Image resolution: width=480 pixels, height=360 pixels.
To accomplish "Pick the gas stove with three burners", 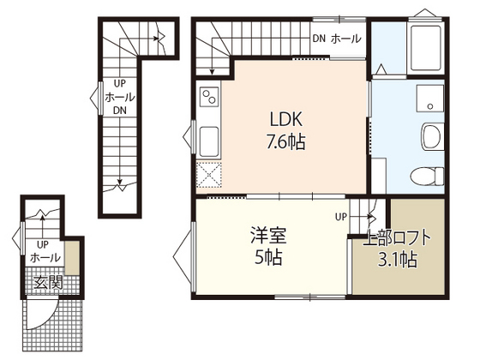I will pyautogui.click(x=208, y=100).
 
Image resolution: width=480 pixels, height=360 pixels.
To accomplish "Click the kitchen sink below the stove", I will pyautogui.click(x=208, y=136).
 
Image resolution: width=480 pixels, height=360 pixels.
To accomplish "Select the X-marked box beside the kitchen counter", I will pyautogui.click(x=208, y=175).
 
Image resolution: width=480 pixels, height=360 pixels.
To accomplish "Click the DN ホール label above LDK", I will pyautogui.click(x=336, y=39).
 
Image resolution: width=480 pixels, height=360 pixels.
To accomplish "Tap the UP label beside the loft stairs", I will pyautogui.click(x=340, y=217).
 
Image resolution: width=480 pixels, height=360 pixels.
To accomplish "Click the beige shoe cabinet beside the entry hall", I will pyautogui.click(x=74, y=257).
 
